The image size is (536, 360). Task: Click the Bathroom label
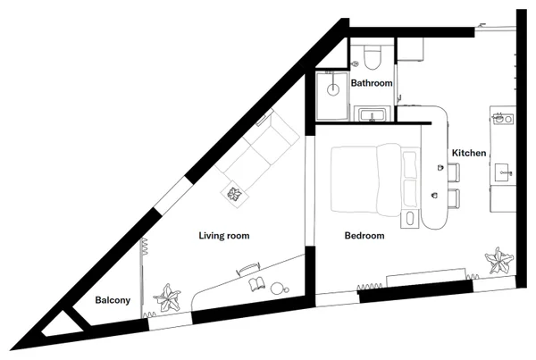pos(372,83)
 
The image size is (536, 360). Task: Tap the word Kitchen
pos(469,153)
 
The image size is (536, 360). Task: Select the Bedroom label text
pos(364,236)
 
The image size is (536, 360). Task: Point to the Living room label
pos(224,236)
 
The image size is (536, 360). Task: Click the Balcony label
pos(113,300)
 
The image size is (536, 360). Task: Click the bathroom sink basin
pos(373,114)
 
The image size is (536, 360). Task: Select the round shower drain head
pos(333,89)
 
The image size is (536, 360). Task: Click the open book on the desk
pos(256,284)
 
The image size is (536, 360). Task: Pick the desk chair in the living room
pos(248,268)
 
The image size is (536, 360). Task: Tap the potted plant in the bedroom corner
pos(499,261)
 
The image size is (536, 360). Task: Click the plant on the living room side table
pos(234,194)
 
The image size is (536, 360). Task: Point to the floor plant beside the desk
pos(168,297)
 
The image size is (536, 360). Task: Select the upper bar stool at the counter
pos(454,172)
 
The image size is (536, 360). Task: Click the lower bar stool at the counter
pos(454,198)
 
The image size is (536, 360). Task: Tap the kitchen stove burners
pos(503,120)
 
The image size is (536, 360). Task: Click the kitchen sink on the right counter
pos(504,172)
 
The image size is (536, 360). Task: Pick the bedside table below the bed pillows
pos(409,219)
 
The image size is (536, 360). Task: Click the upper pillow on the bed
pos(410,164)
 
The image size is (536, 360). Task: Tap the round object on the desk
pos(277,289)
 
